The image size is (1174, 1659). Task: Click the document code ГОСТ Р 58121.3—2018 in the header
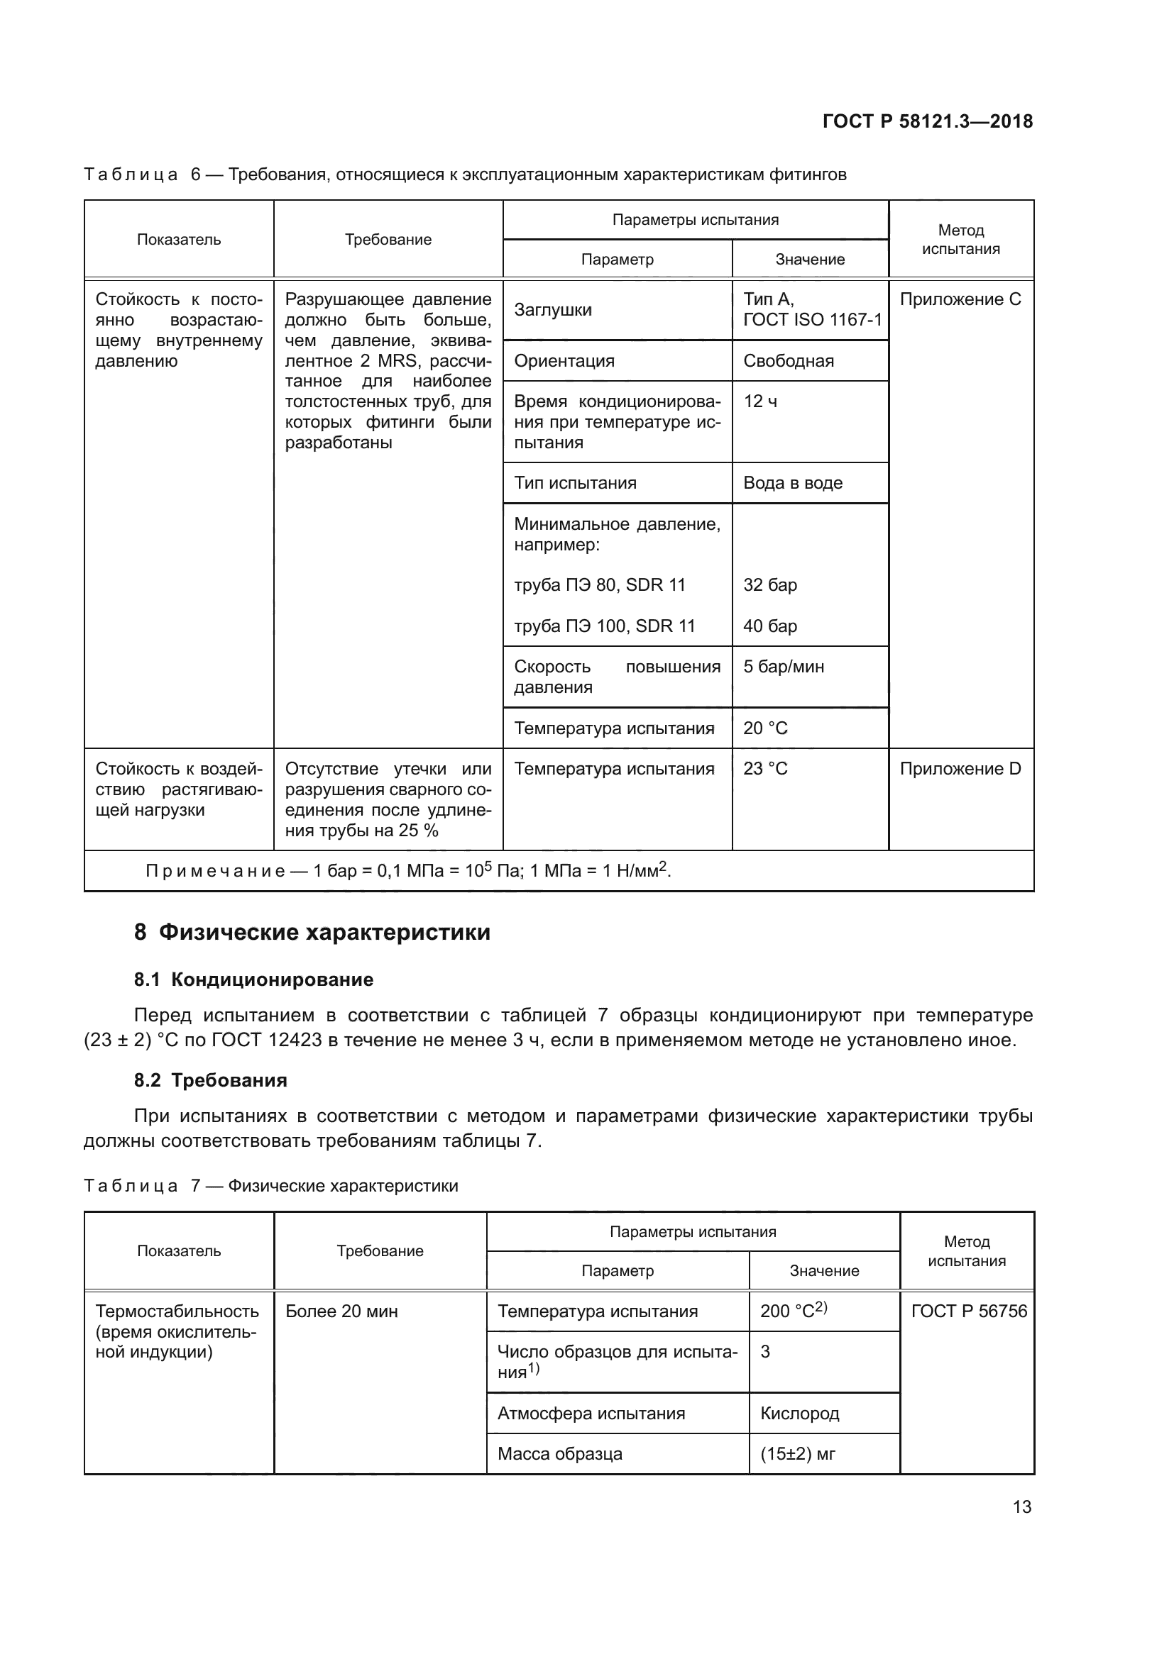pos(928,121)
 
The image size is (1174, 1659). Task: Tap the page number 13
pos(1021,1507)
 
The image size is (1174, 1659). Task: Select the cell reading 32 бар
pos(770,584)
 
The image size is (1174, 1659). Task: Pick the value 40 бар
pos(770,626)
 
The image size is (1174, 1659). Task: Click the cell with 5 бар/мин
pos(784,666)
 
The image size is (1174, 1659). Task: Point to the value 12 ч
pos(760,401)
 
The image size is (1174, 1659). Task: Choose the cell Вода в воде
pos(792,483)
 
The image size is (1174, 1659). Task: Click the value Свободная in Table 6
pos(788,360)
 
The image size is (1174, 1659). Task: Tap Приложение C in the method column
pos(960,299)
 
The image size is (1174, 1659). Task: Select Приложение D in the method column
pos(960,769)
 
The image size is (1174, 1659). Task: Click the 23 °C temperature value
pos(765,769)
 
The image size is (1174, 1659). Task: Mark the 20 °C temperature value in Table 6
pos(765,728)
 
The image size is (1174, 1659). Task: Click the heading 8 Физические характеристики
pos(312,932)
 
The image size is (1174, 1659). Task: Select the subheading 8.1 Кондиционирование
pos(253,980)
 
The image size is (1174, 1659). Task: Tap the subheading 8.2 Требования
pos(210,1080)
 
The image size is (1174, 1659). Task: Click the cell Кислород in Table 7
pos(799,1414)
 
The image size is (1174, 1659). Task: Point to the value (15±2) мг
pos(797,1454)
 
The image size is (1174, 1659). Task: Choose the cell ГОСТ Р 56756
pos(969,1311)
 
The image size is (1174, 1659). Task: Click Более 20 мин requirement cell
pos(341,1311)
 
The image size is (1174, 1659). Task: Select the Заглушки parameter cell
pos(553,310)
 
